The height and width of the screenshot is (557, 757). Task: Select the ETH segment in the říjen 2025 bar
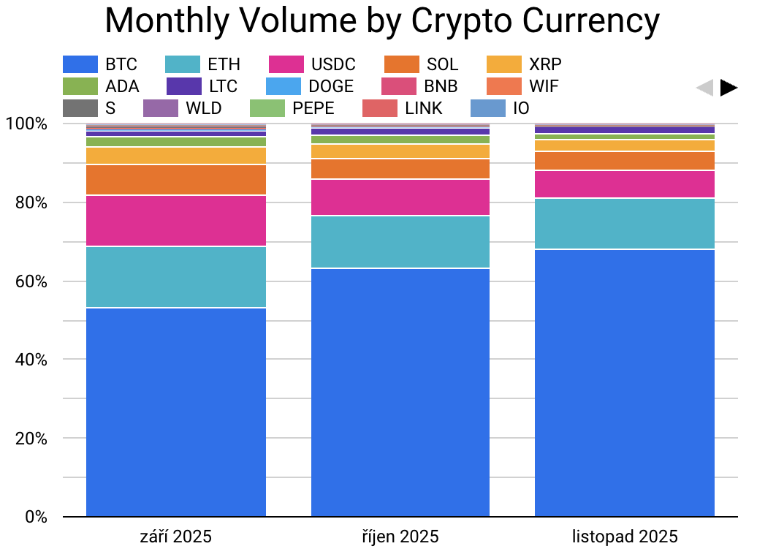click(x=400, y=242)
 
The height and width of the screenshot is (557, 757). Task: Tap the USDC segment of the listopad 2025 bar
click(x=624, y=184)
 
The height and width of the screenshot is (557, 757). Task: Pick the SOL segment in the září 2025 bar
click(x=175, y=180)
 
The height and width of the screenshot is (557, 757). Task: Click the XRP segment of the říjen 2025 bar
click(x=400, y=151)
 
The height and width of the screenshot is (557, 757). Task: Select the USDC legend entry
click(x=312, y=64)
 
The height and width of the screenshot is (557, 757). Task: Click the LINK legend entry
click(x=403, y=108)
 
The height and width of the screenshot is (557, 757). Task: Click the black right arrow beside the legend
click(x=729, y=88)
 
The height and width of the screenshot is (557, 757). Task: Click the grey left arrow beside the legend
click(x=704, y=88)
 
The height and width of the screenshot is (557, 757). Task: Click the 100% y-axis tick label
click(x=27, y=124)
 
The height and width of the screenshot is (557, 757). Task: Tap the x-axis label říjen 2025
click(x=400, y=537)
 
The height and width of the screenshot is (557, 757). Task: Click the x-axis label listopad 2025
click(x=624, y=537)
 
